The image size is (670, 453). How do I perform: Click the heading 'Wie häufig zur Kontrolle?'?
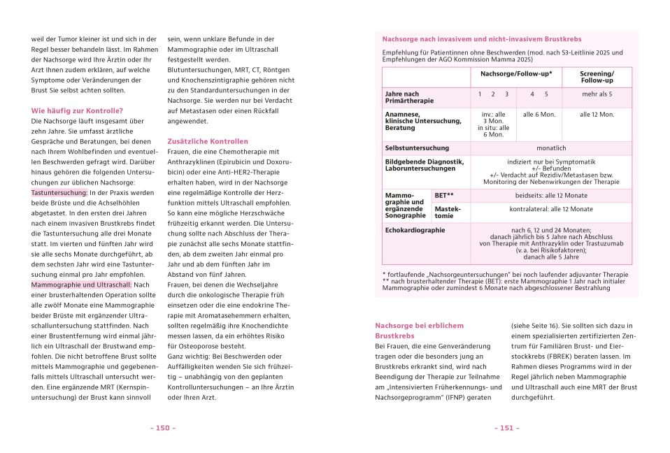(x=77, y=110)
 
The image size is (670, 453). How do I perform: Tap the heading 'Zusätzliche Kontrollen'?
(x=208, y=141)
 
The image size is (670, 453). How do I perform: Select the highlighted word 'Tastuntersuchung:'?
(x=59, y=192)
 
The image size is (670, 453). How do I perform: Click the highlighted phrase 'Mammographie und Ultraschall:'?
(x=81, y=285)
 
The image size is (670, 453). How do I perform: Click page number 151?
(x=506, y=428)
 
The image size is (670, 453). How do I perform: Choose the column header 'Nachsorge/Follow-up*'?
(x=516, y=73)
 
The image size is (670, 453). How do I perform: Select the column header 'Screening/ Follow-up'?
(x=597, y=77)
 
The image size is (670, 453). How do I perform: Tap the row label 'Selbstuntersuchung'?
(x=418, y=148)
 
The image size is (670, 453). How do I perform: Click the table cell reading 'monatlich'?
(x=550, y=148)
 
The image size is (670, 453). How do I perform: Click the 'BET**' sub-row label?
(x=444, y=195)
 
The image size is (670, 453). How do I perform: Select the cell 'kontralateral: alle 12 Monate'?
(x=550, y=209)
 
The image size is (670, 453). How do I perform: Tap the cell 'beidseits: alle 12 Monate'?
(x=550, y=195)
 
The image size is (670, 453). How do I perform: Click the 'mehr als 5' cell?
(x=597, y=94)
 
